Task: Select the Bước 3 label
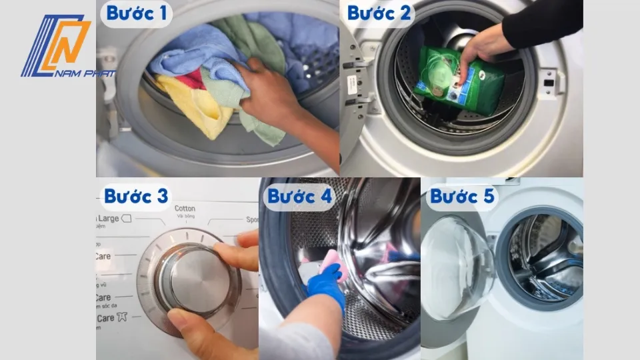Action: click(x=136, y=196)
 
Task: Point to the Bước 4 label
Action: click(x=299, y=197)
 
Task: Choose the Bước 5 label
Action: click(x=462, y=197)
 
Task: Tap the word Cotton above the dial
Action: click(x=185, y=209)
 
